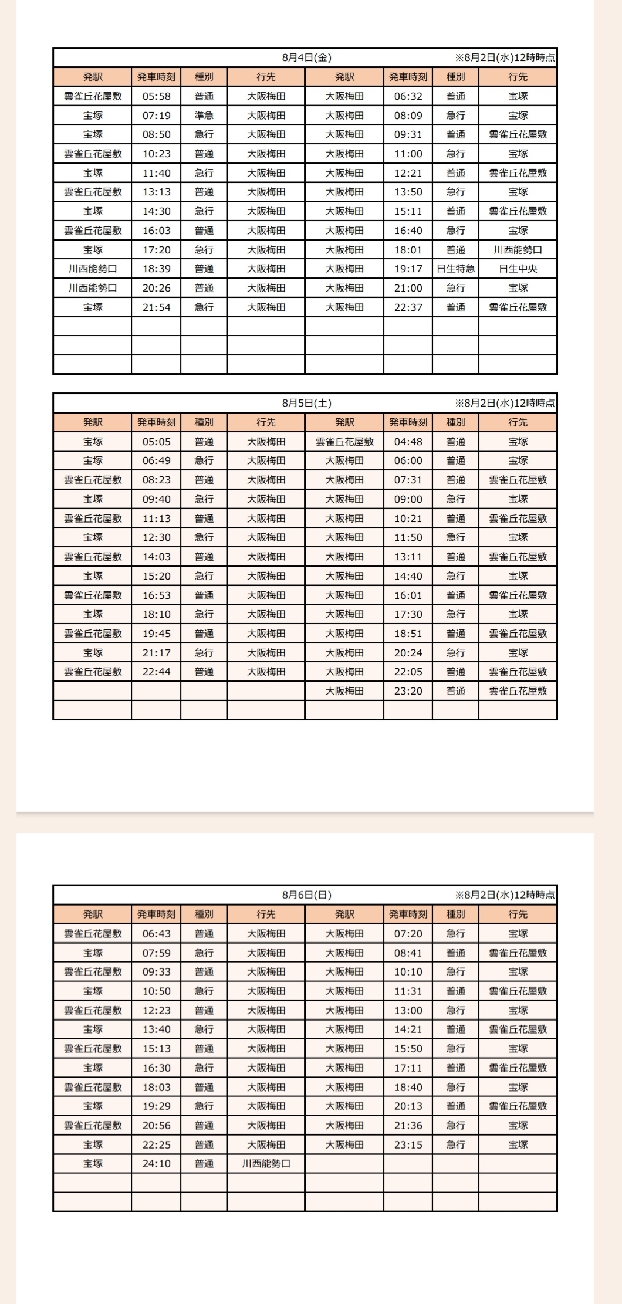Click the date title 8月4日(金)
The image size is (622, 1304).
tap(306, 57)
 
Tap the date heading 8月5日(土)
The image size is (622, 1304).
tap(306, 403)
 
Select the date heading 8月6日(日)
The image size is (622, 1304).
tap(306, 895)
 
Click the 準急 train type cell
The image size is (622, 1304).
tap(204, 116)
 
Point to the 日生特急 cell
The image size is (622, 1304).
tap(455, 269)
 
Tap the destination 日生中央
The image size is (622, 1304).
tap(518, 269)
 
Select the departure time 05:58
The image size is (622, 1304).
tap(156, 96)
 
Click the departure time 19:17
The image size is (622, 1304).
tap(408, 269)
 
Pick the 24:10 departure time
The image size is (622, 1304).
tap(156, 1163)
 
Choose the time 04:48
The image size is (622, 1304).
tap(408, 442)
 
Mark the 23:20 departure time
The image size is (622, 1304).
tap(408, 691)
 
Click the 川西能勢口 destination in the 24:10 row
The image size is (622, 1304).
tap(266, 1163)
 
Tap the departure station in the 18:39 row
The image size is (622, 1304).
tap(93, 269)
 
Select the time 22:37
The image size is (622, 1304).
tap(408, 307)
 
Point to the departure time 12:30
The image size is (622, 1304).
tap(156, 537)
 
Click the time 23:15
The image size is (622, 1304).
tap(408, 1144)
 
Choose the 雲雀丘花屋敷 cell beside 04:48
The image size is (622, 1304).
tap(344, 442)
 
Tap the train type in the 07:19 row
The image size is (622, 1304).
tap(204, 116)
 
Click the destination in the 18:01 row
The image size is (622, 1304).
tap(518, 250)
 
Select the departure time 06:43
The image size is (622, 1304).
tap(156, 934)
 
